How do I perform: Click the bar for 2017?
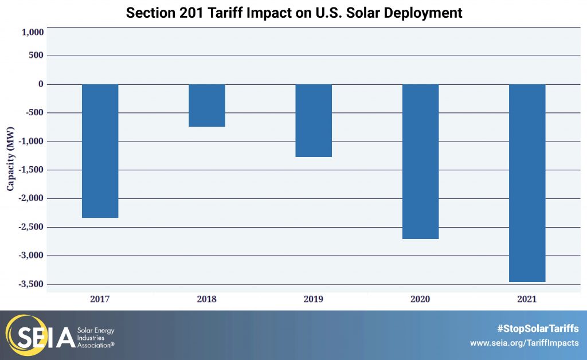click(x=100, y=151)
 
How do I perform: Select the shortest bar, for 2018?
click(x=207, y=105)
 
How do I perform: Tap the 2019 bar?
click(x=314, y=120)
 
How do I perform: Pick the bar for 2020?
click(x=420, y=161)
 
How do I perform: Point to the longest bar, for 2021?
click(x=527, y=183)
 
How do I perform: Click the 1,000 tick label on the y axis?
click(x=32, y=33)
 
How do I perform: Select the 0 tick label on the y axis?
click(x=41, y=84)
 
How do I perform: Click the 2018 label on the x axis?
click(x=207, y=299)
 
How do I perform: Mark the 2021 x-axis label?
click(x=527, y=299)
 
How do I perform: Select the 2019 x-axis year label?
click(x=314, y=299)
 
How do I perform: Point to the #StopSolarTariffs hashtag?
click(x=537, y=328)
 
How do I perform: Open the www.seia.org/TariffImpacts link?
click(x=524, y=343)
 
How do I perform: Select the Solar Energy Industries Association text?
click(x=96, y=338)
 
